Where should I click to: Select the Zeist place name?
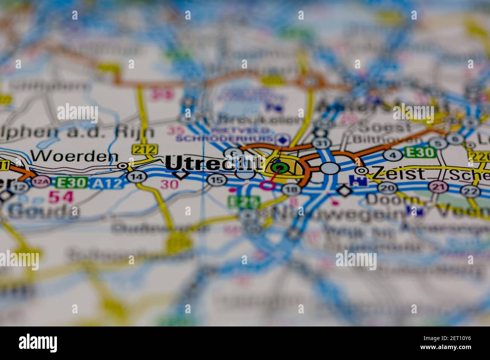pos(398,174)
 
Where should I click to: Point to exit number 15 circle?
pos(216,180)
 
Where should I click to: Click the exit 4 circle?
pos(392,155)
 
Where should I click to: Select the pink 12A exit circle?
pos(38,183)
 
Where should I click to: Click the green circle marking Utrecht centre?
pos(279,168)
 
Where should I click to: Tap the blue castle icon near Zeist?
pos(355,181)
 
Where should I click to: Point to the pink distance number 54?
pos(61,196)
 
